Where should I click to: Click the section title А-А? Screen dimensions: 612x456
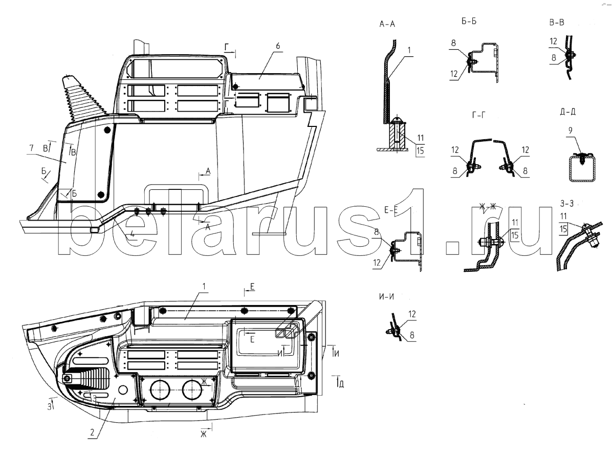387,24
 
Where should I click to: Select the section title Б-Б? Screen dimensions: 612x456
469,21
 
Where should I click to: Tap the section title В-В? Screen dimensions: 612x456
557,22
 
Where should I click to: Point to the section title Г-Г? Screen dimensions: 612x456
479,115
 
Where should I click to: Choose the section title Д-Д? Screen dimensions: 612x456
567,112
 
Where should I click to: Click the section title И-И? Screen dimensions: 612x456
386,297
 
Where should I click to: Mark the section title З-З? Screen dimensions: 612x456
567,203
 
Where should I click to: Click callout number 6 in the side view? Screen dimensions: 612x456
278,46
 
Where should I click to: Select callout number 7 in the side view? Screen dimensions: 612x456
32,148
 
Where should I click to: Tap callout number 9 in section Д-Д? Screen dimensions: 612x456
570,131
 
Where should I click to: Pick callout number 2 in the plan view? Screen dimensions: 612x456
92,432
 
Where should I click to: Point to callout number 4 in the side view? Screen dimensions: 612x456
133,234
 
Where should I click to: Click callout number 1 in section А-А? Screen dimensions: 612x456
409,50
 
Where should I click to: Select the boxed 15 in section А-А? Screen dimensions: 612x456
420,150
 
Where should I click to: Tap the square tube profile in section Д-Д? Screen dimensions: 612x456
582,168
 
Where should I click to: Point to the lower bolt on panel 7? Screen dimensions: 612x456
101,194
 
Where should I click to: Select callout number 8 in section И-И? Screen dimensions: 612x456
412,335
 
